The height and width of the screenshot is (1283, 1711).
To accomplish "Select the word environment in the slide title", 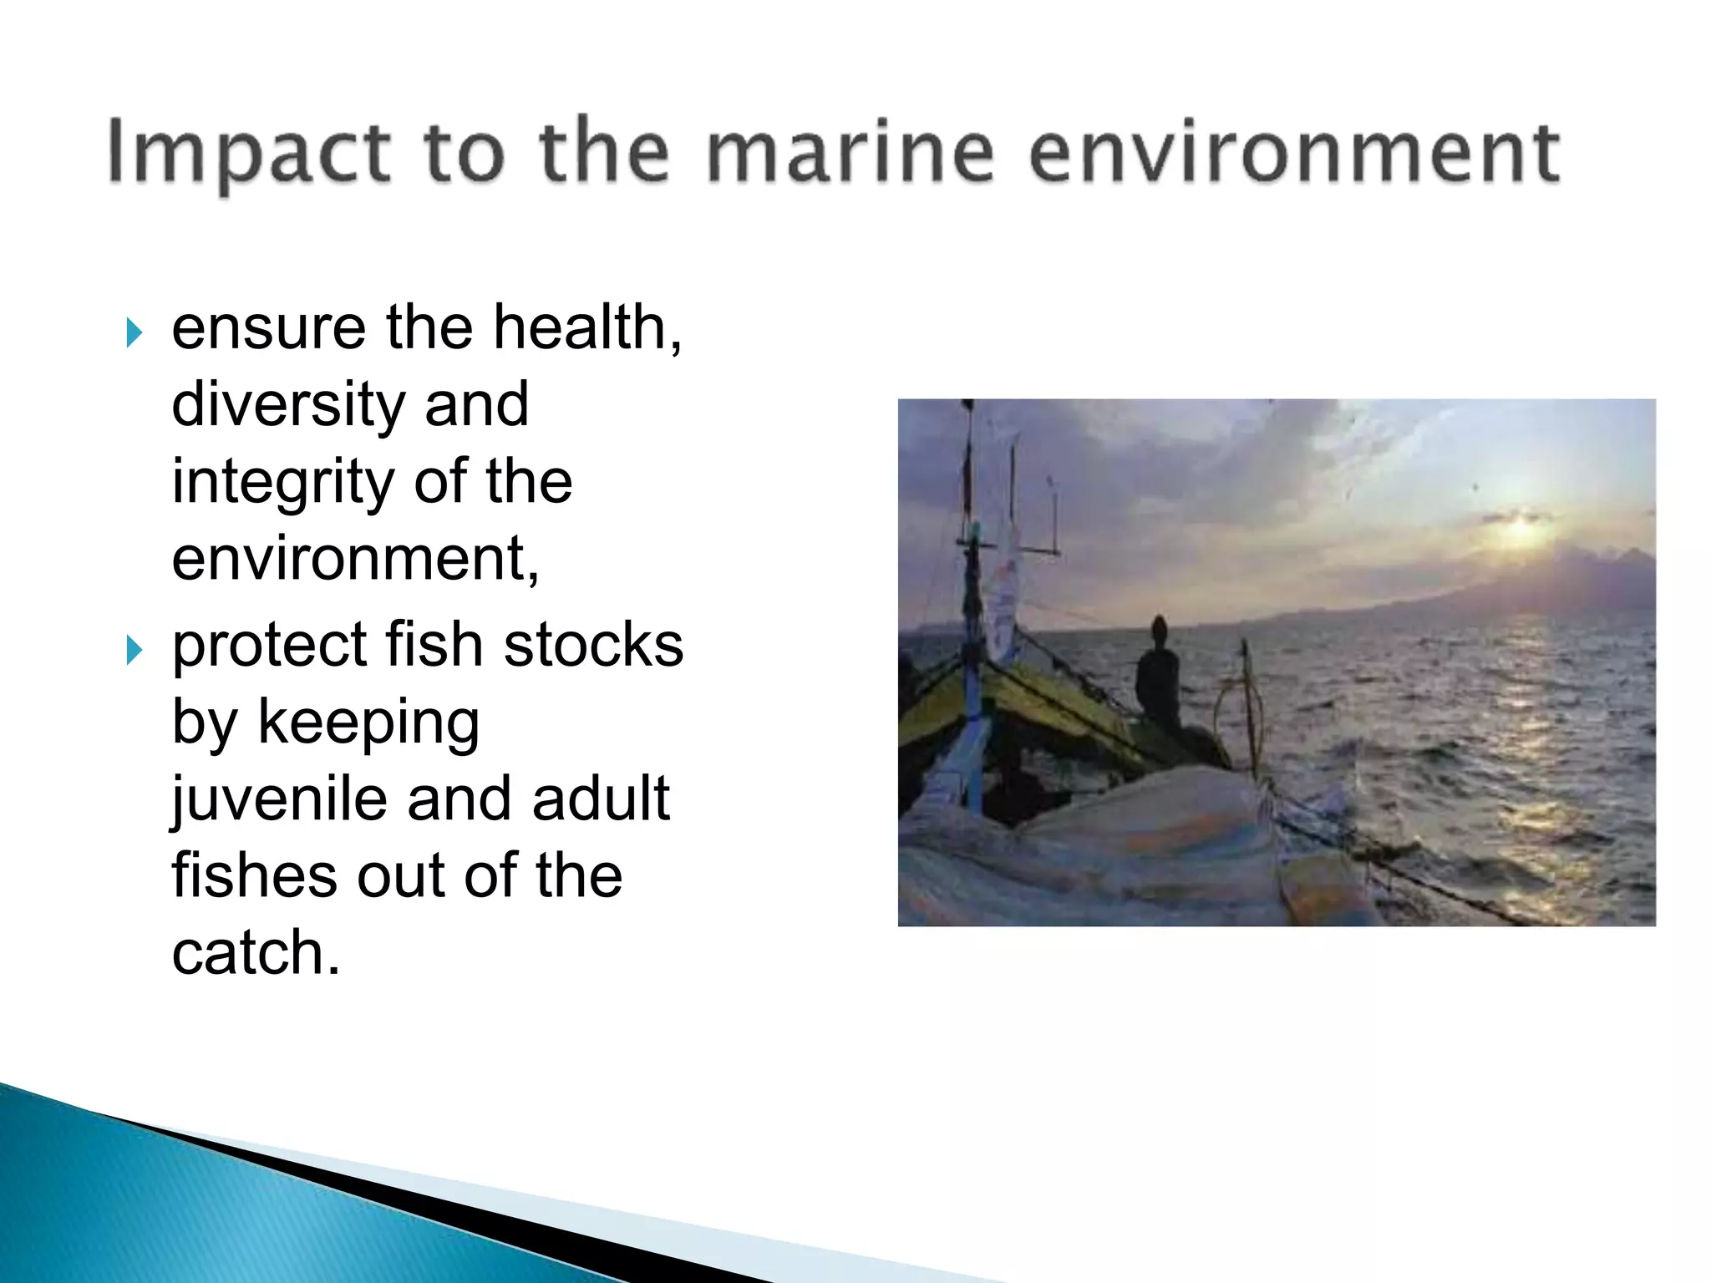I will coord(1293,153).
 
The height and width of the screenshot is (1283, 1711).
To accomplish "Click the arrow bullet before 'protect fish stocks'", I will coord(134,649).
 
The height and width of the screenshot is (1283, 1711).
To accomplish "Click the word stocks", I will coord(593,646).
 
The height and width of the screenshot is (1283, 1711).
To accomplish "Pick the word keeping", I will coord(368,723).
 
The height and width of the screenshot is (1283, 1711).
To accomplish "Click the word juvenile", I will coord(279,799).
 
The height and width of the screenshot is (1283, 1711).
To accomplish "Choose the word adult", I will coord(600,799).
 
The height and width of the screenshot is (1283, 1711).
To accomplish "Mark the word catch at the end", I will coord(255,953).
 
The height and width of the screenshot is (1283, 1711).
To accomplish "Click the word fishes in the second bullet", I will coord(254,875).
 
